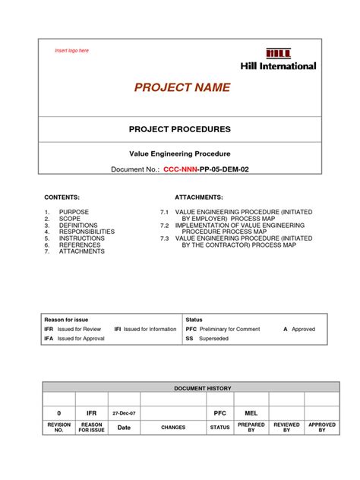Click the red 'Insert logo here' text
tap(72, 51)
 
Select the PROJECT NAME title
tap(182, 88)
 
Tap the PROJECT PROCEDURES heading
tap(179, 129)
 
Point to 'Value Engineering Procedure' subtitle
tap(179, 153)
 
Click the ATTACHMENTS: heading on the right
tap(199, 196)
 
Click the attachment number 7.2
tap(163, 226)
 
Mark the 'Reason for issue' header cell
tap(65, 319)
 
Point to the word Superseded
tap(213, 339)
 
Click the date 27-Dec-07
tap(124, 412)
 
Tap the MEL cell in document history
tap(251, 412)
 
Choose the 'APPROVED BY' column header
tap(322, 428)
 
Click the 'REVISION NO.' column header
tap(59, 428)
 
